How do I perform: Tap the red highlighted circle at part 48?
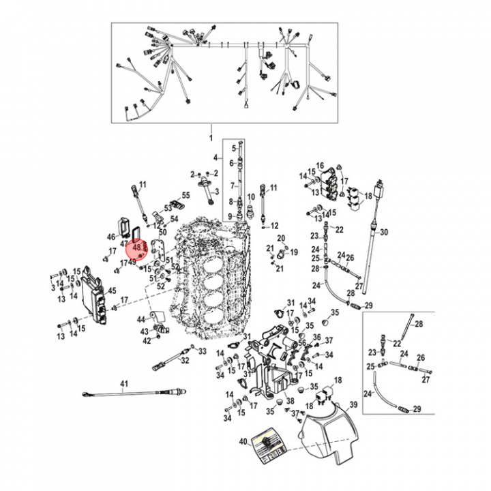pyautogui.click(x=139, y=250)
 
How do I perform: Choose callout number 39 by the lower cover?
pyautogui.click(x=353, y=405)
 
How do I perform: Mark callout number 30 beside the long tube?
pyautogui.click(x=384, y=233)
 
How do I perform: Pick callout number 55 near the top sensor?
pyautogui.click(x=185, y=196)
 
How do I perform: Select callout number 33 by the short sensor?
pyautogui.click(x=202, y=351)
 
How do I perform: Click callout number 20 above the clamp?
pyautogui.click(x=280, y=237)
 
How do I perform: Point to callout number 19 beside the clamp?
pyautogui.click(x=294, y=252)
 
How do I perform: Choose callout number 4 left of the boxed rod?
pyautogui.click(x=215, y=158)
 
